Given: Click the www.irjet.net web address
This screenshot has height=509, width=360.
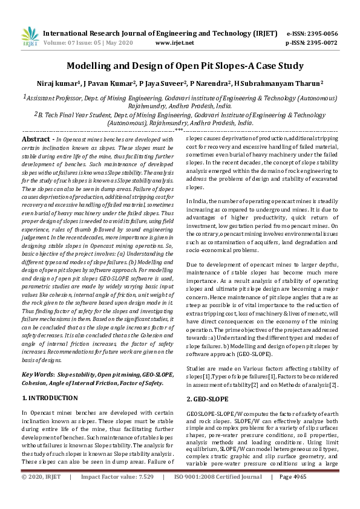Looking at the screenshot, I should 174,43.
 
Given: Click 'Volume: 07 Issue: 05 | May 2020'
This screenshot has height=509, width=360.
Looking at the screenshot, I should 86,43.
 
